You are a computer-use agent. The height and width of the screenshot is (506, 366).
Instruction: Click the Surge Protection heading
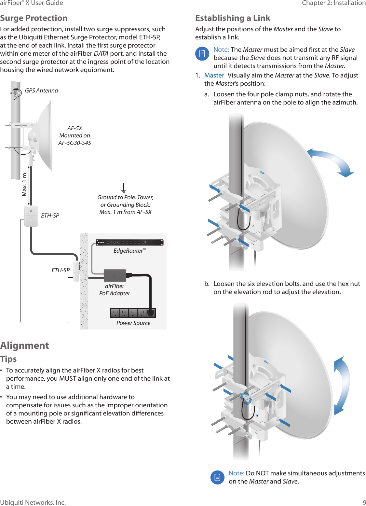click(x=34, y=18)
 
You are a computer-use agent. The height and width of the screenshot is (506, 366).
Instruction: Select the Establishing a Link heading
click(x=233, y=18)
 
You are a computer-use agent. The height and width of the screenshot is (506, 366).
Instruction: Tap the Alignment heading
click(x=25, y=345)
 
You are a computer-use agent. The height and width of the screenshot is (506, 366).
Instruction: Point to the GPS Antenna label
click(x=41, y=91)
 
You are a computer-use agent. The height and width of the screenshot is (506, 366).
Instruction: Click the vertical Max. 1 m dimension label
click(x=24, y=185)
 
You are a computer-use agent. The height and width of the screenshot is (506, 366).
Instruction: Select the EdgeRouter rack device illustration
click(x=129, y=243)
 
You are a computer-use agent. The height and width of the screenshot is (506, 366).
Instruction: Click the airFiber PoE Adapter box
click(x=115, y=275)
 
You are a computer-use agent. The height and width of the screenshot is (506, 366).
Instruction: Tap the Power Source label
click(x=133, y=323)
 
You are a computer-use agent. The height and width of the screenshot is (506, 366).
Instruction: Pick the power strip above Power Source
click(x=133, y=313)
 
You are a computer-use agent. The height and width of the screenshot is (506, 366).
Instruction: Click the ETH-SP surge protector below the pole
click(x=31, y=216)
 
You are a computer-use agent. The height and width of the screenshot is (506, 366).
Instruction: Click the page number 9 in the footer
click(x=364, y=502)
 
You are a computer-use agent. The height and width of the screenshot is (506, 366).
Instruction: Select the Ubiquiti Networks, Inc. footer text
click(x=33, y=502)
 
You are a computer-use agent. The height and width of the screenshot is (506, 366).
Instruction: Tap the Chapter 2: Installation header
click(x=333, y=3)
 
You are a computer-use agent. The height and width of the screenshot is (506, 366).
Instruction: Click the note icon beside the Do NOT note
click(x=217, y=477)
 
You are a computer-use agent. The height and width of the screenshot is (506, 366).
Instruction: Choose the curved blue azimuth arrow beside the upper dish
click(x=332, y=161)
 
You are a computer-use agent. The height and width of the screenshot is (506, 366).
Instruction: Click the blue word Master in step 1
click(x=214, y=75)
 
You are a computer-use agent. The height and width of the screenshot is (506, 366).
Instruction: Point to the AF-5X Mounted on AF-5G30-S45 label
click(x=75, y=135)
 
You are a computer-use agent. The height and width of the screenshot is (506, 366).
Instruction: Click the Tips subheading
click(x=8, y=359)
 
